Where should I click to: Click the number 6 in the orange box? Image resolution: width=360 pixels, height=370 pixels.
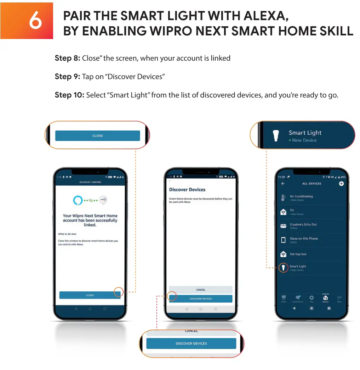(35, 21)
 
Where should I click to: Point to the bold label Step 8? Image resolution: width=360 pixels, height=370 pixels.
(67, 58)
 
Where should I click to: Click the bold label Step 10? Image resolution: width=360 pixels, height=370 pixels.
(69, 95)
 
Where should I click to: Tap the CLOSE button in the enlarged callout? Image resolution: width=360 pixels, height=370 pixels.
(97, 136)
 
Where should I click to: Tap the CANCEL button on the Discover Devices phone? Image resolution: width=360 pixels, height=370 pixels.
(201, 290)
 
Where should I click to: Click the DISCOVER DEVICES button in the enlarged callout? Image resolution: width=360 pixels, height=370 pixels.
(191, 343)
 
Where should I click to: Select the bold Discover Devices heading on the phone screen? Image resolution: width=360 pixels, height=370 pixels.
(187, 190)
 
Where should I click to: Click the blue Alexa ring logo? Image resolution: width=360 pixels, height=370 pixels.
(78, 200)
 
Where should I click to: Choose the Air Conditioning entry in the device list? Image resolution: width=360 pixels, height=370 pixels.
(301, 196)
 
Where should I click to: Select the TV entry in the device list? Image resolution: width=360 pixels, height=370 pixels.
(292, 211)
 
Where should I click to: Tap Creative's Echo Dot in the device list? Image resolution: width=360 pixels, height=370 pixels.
(303, 225)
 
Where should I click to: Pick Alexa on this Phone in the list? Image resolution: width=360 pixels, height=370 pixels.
(304, 239)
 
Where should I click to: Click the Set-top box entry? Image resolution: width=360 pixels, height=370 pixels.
(298, 254)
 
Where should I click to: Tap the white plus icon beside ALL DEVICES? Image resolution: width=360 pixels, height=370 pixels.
(341, 184)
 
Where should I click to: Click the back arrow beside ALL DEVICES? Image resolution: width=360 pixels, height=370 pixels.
(283, 184)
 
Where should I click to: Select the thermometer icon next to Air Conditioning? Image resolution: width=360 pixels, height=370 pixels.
(283, 198)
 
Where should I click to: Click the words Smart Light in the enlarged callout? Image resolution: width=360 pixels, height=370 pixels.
(305, 133)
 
